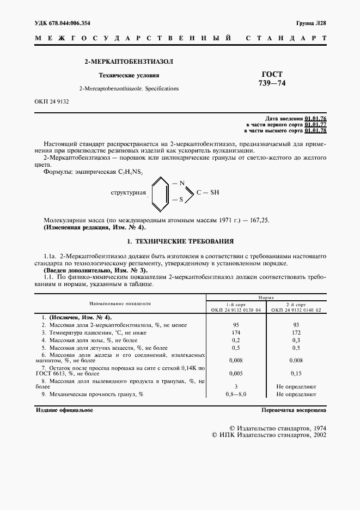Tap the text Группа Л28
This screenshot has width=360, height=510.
311,23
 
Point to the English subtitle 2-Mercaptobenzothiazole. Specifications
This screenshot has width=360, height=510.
129,88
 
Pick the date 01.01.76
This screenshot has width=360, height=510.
316,118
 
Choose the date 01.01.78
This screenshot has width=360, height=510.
316,131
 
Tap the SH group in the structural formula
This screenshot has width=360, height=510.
215,192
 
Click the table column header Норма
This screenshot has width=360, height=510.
266,298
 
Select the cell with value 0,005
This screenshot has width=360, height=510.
236,374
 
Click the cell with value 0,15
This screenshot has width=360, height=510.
296,374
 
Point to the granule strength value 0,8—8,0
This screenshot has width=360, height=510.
236,393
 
